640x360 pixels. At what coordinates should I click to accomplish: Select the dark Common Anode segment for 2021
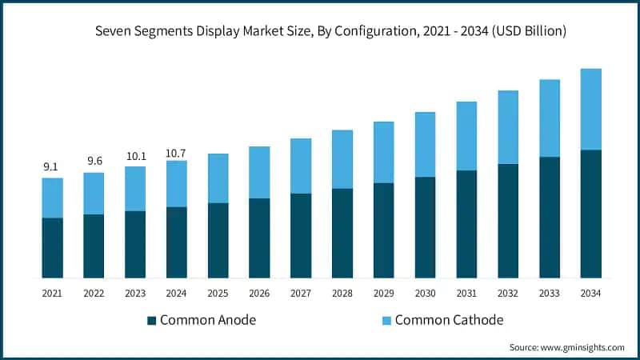[x=52, y=248]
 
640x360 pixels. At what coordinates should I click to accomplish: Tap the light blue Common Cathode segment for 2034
[x=590, y=110]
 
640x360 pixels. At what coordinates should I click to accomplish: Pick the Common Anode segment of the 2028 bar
[x=342, y=233]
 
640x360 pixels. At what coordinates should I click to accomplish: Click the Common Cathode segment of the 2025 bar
[x=218, y=178]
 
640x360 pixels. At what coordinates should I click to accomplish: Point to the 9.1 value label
[x=50, y=167]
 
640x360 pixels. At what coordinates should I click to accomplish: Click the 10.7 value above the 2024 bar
[x=176, y=152]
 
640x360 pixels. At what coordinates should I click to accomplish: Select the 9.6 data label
[x=94, y=161]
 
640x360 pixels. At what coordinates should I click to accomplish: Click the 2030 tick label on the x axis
[x=425, y=294]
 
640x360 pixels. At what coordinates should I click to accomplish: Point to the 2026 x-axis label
[x=259, y=294]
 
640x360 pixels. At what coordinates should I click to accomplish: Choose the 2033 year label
[x=549, y=294]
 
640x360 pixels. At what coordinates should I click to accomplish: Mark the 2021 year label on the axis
[x=52, y=294]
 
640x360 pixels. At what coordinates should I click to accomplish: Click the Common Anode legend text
[x=208, y=320]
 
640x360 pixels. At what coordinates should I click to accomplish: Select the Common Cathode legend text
[x=450, y=320]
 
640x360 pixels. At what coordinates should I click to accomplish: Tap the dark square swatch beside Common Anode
[x=152, y=321]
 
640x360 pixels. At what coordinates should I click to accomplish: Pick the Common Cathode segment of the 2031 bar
[x=466, y=136]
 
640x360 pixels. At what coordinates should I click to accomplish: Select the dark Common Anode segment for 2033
[x=549, y=218]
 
